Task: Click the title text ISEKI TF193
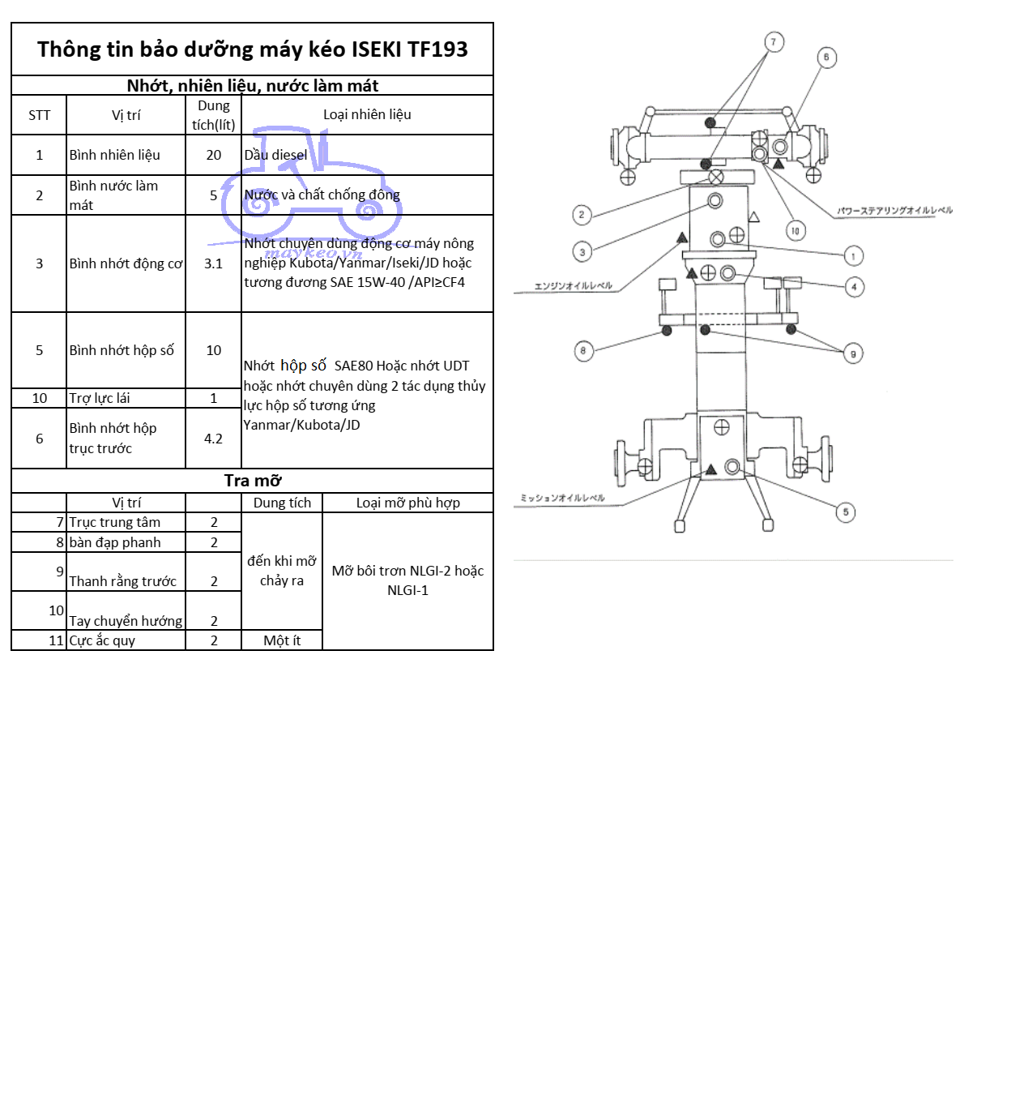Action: [x=409, y=49]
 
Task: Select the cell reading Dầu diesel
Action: [x=275, y=155]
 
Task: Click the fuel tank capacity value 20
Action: [x=213, y=155]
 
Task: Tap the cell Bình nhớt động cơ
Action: [x=126, y=263]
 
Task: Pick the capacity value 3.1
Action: [x=213, y=263]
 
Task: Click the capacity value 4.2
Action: [x=213, y=439]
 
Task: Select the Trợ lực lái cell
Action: [x=100, y=398]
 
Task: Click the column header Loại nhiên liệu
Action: [x=367, y=114]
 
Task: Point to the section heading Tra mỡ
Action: [x=253, y=481]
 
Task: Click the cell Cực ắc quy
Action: [x=102, y=640]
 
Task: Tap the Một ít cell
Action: [x=282, y=640]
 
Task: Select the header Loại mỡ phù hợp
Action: [x=407, y=503]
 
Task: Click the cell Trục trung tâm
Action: [x=114, y=522]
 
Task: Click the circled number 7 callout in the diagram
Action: [x=774, y=42]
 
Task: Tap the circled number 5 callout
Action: [x=845, y=512]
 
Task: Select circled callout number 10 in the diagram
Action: [x=796, y=231]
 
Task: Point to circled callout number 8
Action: [x=582, y=351]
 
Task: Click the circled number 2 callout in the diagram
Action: [x=581, y=215]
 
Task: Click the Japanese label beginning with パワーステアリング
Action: [x=894, y=211]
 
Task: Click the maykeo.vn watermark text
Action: [x=313, y=253]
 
